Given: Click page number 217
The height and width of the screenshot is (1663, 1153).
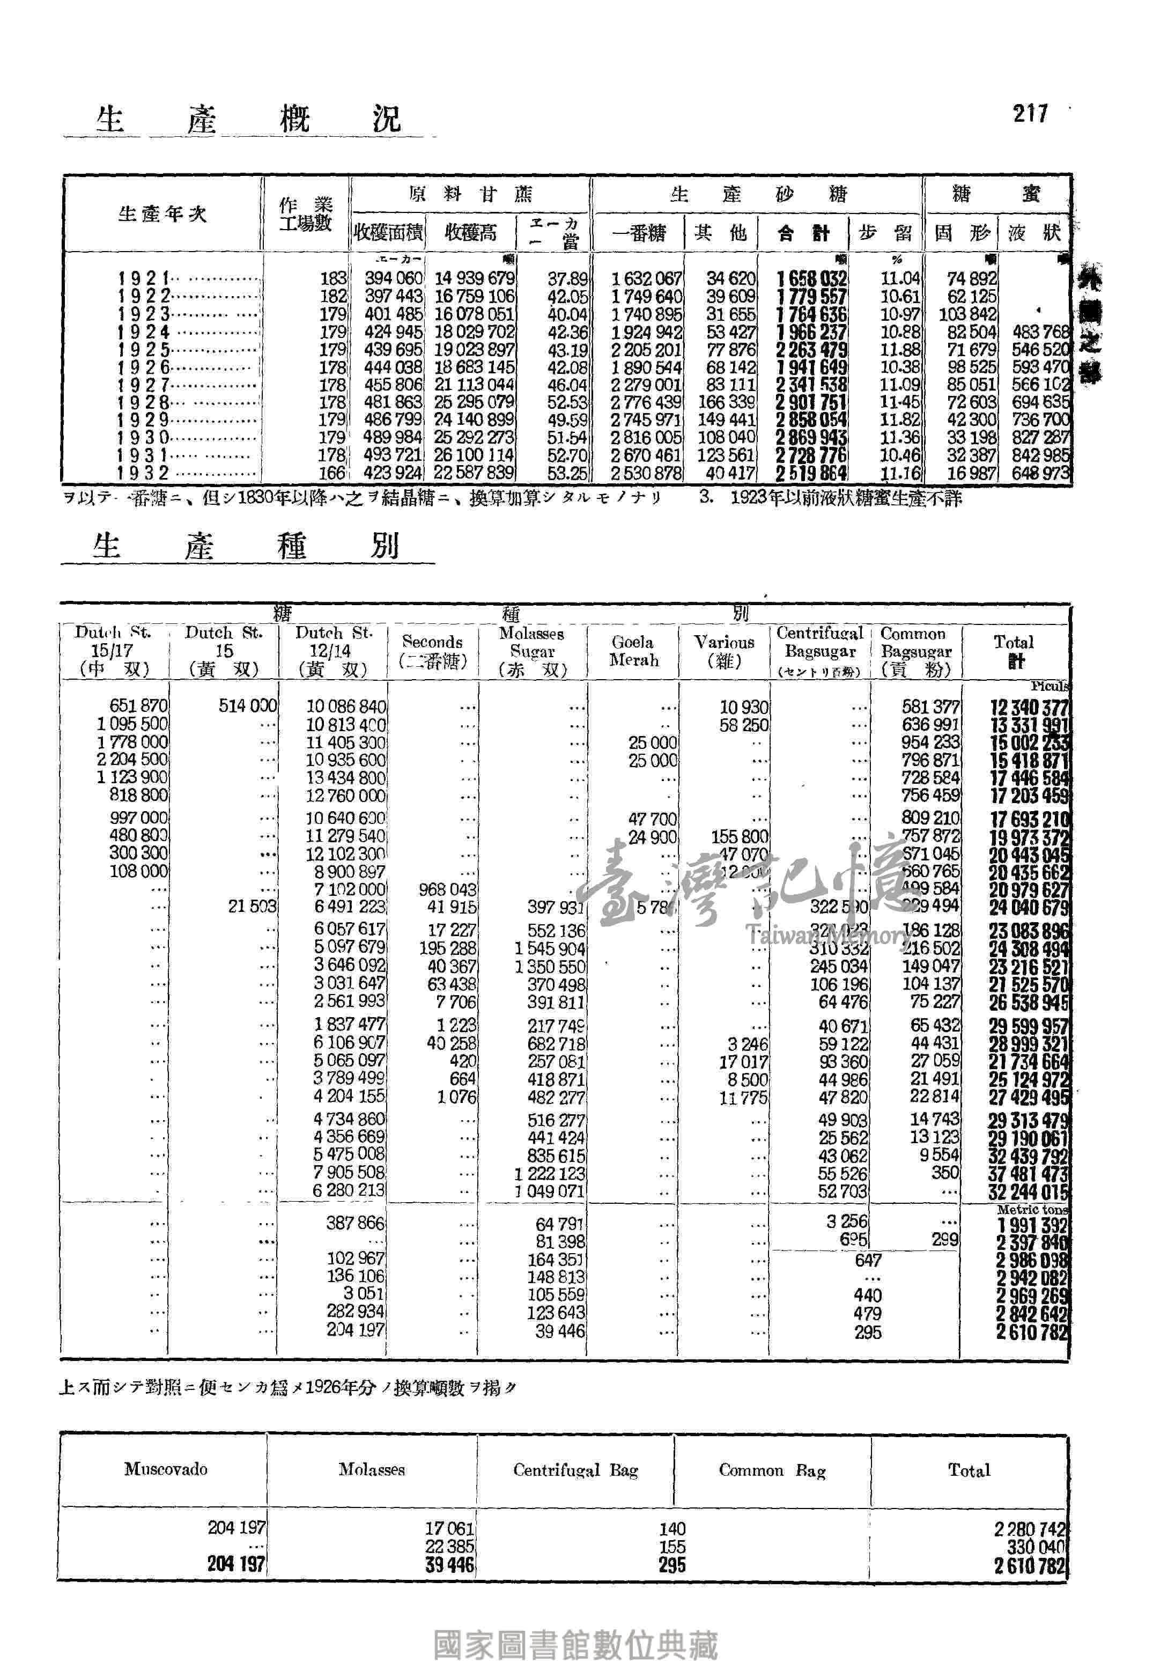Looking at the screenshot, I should (1030, 114).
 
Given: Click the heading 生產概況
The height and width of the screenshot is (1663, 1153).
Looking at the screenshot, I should (248, 119).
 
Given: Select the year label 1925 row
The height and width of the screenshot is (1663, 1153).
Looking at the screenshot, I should (144, 350).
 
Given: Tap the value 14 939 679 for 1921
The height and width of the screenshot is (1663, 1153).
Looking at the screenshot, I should (474, 279).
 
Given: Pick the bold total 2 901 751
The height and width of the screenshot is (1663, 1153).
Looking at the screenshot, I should (811, 402).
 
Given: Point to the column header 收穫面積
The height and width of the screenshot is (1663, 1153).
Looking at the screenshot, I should (388, 233).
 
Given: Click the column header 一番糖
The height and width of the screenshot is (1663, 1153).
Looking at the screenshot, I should (638, 233).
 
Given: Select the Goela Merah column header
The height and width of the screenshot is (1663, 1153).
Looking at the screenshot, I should (633, 651).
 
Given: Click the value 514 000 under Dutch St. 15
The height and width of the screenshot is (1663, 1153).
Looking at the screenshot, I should (247, 706).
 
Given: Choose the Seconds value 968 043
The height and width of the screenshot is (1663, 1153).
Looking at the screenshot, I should (447, 889).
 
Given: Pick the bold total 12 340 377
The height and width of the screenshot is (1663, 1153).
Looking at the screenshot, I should (1028, 708).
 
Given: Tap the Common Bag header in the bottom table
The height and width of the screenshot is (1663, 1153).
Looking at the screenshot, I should (772, 1471).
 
